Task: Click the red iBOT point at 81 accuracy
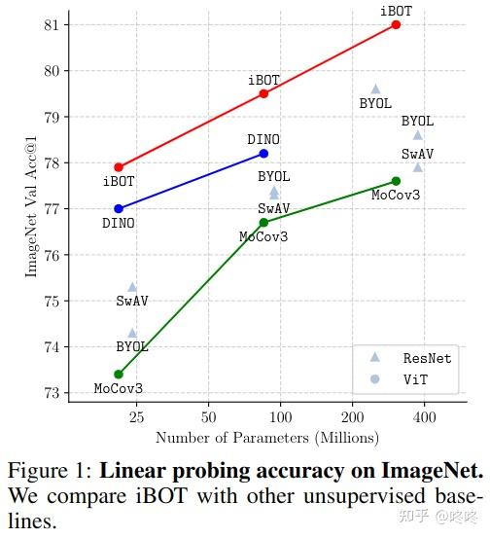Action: pyautogui.click(x=396, y=24)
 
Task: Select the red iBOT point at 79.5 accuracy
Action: pyautogui.click(x=263, y=93)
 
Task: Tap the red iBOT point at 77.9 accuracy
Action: pyautogui.click(x=119, y=167)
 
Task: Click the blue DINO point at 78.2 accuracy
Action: pyautogui.click(x=263, y=154)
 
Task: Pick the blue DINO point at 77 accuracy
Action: pyautogui.click(x=119, y=208)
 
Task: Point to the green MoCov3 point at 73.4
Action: pyautogui.click(x=119, y=374)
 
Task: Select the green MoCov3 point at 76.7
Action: pyautogui.click(x=263, y=222)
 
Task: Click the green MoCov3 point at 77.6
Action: pyautogui.click(x=396, y=181)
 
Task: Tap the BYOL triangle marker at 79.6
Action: pyautogui.click(x=375, y=89)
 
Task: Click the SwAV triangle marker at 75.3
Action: pyautogui.click(x=132, y=286)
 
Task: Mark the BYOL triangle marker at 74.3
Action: pyautogui.click(x=132, y=333)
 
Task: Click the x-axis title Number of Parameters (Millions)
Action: pyautogui.click(x=267, y=438)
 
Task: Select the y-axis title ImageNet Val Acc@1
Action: pyautogui.click(x=32, y=208)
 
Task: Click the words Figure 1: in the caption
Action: pyautogui.click(x=49, y=473)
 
